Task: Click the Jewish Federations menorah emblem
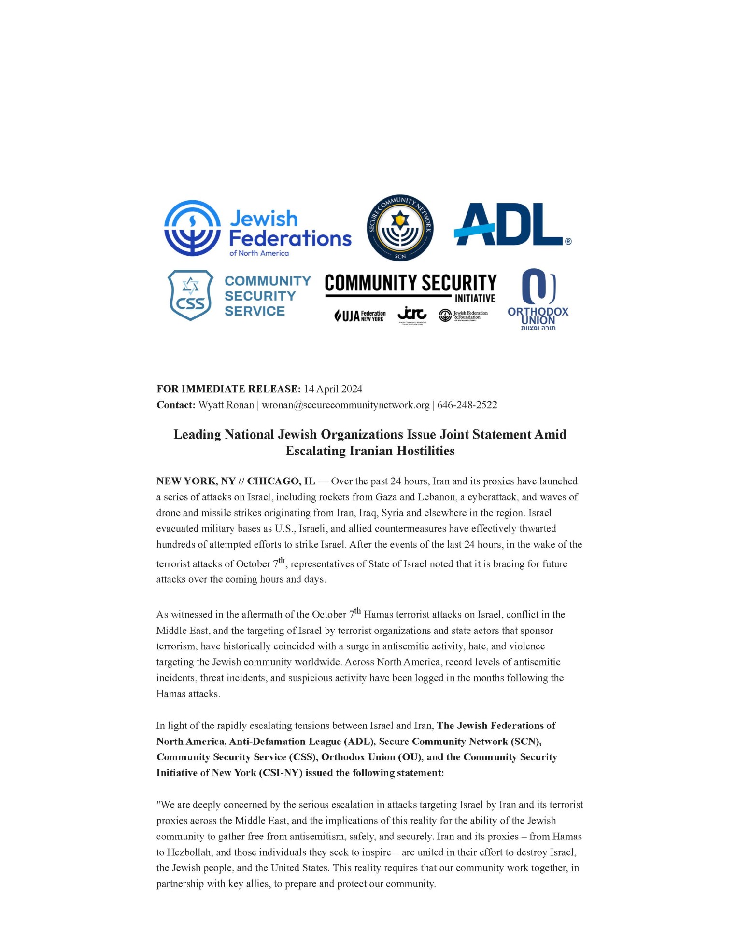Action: click(192, 228)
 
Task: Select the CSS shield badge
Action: click(191, 295)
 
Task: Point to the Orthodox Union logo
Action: click(538, 299)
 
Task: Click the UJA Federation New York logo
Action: click(360, 316)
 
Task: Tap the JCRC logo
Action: click(412, 315)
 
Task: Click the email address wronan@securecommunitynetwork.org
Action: click(345, 405)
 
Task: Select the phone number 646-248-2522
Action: click(467, 405)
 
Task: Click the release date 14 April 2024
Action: click(333, 389)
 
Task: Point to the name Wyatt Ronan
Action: click(226, 405)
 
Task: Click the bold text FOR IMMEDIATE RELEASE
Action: click(228, 389)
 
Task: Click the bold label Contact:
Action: click(176, 405)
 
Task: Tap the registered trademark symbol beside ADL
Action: click(568, 241)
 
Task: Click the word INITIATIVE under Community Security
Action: click(475, 299)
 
